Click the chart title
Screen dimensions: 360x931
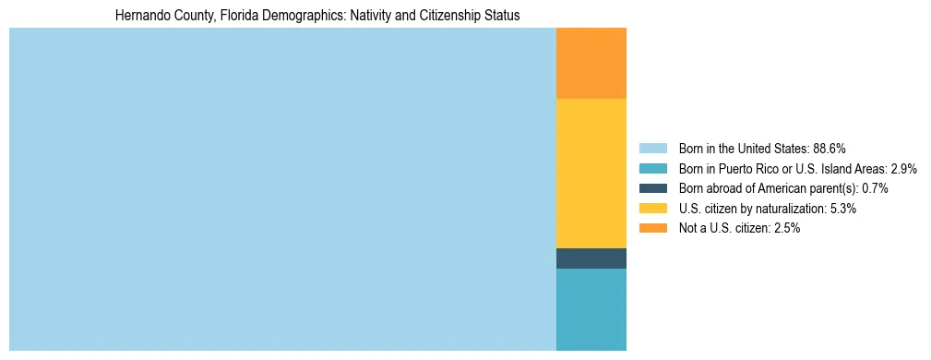point(317,16)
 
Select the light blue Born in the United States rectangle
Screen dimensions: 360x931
point(281,189)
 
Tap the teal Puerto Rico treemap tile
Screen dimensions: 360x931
point(591,309)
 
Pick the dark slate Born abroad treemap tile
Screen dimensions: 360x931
point(591,258)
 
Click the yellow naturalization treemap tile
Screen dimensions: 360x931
point(591,174)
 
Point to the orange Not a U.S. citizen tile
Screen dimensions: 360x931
point(591,63)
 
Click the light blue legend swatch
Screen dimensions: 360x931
point(652,148)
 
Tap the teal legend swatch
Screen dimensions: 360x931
point(652,168)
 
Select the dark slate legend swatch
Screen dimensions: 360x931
point(652,188)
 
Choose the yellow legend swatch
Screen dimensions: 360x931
point(652,209)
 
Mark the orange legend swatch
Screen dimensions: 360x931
point(652,228)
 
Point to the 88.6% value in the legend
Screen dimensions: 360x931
point(830,148)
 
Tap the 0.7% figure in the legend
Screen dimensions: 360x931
point(875,188)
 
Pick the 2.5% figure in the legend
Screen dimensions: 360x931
point(787,228)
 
